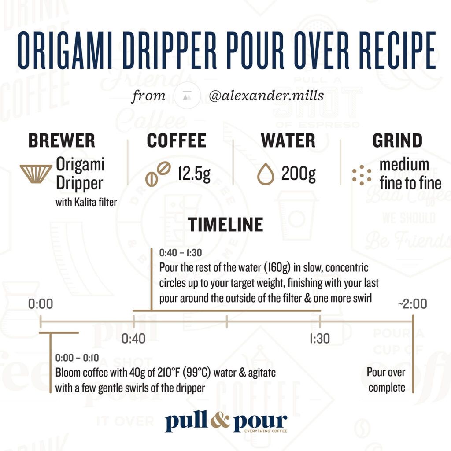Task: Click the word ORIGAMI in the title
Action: click(x=65, y=50)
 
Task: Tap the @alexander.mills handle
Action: click(x=266, y=96)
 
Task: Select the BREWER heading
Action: click(x=62, y=140)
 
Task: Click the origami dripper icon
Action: click(x=36, y=174)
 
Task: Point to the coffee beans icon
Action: click(x=158, y=174)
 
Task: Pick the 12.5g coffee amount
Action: click(x=194, y=174)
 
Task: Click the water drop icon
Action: click(x=266, y=174)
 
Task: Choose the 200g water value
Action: click(x=299, y=174)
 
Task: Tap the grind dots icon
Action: click(x=362, y=175)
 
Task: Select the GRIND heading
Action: click(x=397, y=140)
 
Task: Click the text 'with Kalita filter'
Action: click(x=86, y=202)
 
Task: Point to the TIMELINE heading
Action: click(x=225, y=225)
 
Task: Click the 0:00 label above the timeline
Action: click(x=41, y=304)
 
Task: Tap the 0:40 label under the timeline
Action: click(x=133, y=339)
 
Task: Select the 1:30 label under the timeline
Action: click(x=320, y=339)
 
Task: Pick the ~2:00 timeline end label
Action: click(x=412, y=304)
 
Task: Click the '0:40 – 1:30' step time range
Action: click(x=181, y=253)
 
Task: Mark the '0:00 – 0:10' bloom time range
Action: click(x=77, y=358)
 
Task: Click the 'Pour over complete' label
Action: click(x=386, y=380)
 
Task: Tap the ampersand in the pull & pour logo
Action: click(x=220, y=421)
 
